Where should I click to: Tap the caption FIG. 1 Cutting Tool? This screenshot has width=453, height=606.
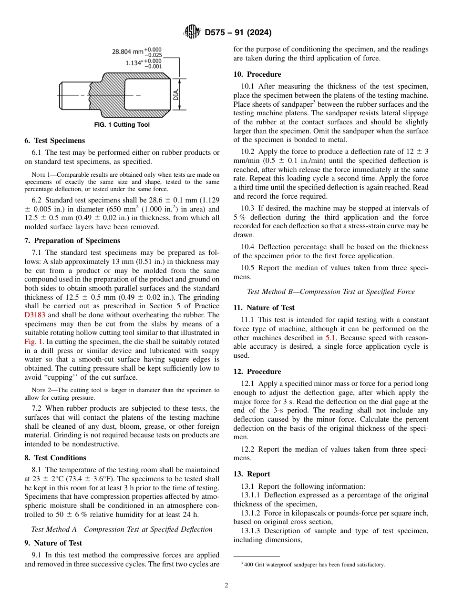pyautogui.click(x=121, y=125)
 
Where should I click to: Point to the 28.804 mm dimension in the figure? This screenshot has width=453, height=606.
pyautogui.click(x=127, y=51)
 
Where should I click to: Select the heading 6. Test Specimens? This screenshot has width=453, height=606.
pyautogui.click(x=55, y=141)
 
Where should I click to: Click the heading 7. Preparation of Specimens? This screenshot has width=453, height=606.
pyautogui.click(x=72, y=241)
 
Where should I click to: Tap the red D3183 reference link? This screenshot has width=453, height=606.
pyautogui.click(x=35, y=315)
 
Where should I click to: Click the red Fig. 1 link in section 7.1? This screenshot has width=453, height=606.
pyautogui.click(x=33, y=342)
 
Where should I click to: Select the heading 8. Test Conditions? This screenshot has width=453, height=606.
pyautogui.click(x=55, y=458)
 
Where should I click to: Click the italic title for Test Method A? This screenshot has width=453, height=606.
pyautogui.click(x=122, y=529)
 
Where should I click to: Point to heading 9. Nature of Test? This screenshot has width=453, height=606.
pyautogui.click(x=53, y=543)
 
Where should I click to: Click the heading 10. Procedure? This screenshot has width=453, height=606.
pyautogui.click(x=257, y=74)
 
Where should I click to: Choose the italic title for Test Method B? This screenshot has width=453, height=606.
pyautogui.click(x=331, y=292)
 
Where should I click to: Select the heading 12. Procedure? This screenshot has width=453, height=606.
pyautogui.click(x=257, y=372)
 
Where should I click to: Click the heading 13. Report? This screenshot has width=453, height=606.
pyautogui.click(x=251, y=474)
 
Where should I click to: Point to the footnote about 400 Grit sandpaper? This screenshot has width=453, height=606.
pyautogui.click(x=312, y=565)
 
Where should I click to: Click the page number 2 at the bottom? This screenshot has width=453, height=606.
pyautogui.click(x=226, y=586)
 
